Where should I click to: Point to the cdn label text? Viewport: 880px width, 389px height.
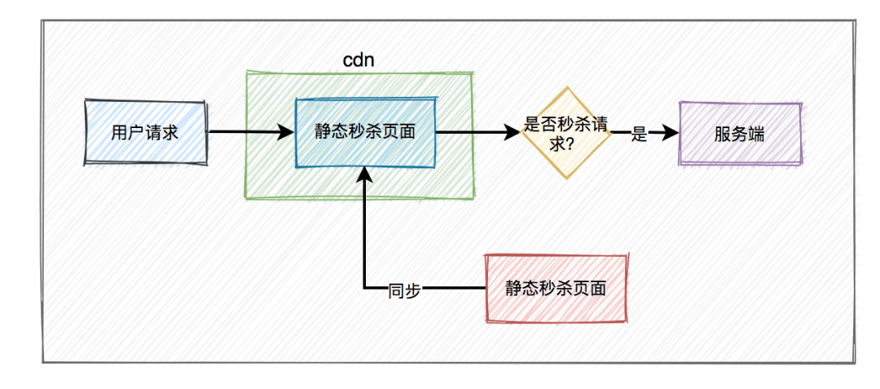tap(358, 60)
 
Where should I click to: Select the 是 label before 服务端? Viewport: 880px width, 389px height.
tap(640, 134)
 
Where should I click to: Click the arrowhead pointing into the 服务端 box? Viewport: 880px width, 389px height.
tap(671, 133)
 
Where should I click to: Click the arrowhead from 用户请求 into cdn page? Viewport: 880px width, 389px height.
tap(286, 132)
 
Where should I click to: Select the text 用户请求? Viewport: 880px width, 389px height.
tap(145, 134)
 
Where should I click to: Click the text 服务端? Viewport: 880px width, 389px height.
tap(740, 135)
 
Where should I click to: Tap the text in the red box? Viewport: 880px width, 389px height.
tap(557, 289)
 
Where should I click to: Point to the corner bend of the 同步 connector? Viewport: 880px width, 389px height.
tap(365, 289)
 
